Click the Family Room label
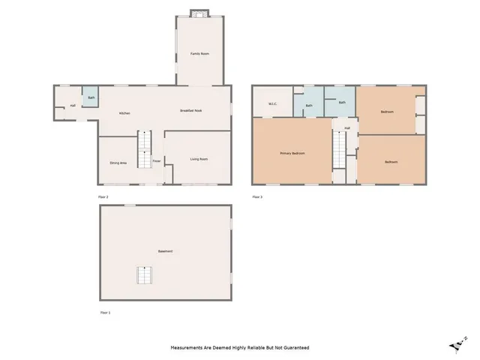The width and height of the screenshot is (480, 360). (199, 54)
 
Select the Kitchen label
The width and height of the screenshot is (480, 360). (125, 113)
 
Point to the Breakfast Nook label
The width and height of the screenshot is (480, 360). (191, 111)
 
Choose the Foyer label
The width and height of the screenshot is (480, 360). (157, 161)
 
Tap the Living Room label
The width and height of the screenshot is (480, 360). (199, 159)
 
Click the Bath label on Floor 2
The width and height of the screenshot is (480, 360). (91, 97)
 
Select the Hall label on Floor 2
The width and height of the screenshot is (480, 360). (72, 106)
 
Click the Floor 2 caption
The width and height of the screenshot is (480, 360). (103, 196)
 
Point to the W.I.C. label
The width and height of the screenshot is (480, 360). (273, 104)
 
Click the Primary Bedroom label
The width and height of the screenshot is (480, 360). (292, 154)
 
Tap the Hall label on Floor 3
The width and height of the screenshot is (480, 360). (346, 128)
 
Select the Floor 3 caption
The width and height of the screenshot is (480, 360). (257, 196)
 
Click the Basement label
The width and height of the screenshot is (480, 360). (165, 250)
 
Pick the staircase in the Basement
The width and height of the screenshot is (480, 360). (144, 275)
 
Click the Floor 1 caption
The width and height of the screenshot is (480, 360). (105, 311)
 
